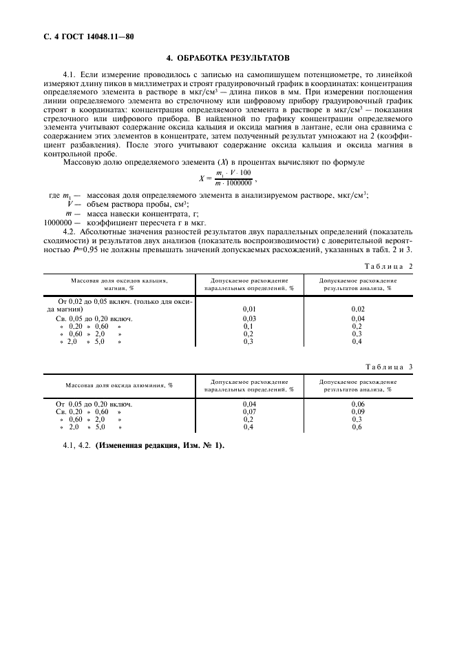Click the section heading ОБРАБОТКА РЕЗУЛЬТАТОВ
point(235,57)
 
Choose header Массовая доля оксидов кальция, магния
point(118,285)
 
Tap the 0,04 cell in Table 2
point(357,319)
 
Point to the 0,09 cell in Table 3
point(357,411)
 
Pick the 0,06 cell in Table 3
point(357,404)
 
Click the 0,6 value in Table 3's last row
point(357,427)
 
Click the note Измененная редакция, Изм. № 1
point(160,445)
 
